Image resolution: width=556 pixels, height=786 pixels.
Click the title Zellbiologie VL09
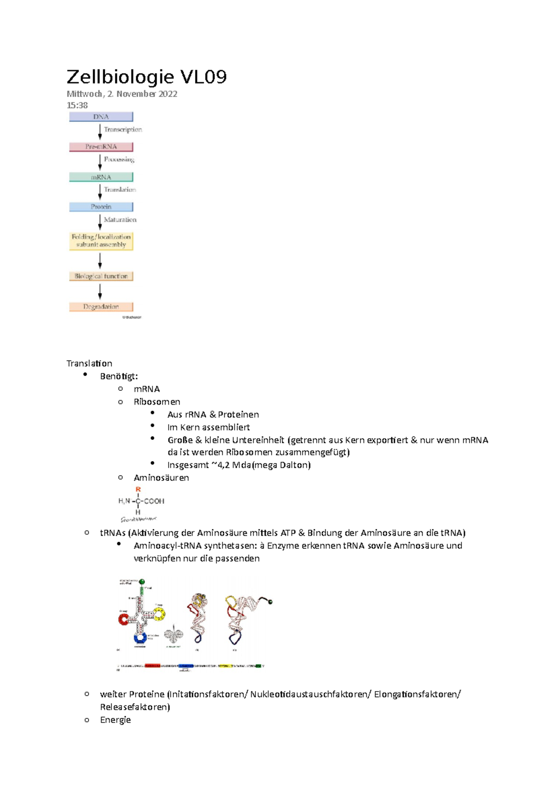coord(146,77)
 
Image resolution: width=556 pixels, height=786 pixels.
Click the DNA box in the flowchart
coord(101,117)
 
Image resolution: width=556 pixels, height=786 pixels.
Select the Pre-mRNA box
coord(101,147)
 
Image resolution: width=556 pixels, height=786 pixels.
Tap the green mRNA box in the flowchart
coord(101,177)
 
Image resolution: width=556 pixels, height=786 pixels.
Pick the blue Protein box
coord(101,207)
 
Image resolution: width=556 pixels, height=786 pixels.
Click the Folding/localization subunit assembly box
coord(101,241)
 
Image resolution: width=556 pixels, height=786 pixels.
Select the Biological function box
coord(101,276)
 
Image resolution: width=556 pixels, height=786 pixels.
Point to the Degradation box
coord(101,306)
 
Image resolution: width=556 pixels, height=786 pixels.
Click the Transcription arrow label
coord(123,130)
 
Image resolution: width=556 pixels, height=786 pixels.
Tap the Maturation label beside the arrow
coord(120,220)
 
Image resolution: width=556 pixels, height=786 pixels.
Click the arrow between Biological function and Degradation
coord(100,292)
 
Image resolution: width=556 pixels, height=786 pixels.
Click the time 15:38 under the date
coord(77,106)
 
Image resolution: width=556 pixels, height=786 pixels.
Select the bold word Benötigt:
coord(119,376)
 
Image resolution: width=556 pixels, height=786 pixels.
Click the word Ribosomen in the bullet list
coord(157,402)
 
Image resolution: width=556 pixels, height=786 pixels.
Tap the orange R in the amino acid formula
coord(138,489)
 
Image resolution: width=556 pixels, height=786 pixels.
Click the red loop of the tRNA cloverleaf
coord(124,619)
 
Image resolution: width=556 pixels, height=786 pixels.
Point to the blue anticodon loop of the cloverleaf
coord(140,638)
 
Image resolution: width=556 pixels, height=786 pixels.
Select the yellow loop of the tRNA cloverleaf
coord(159,615)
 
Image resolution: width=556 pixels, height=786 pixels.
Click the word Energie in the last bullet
coord(115,720)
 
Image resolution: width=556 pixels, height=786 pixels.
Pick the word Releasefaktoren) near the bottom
coord(135,707)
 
